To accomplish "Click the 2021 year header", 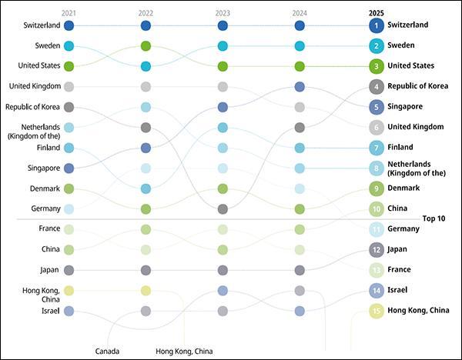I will (x=69, y=13).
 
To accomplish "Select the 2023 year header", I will (x=223, y=13).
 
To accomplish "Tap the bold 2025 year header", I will (x=377, y=13).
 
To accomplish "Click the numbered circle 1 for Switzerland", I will (x=377, y=25).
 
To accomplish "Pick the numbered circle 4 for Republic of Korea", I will (x=377, y=86).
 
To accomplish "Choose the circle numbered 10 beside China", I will (x=377, y=208).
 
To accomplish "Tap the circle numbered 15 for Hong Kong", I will (x=377, y=310).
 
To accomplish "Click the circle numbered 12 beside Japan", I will (x=377, y=249).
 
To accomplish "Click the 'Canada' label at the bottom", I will (x=107, y=352).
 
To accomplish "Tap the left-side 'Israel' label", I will (x=49, y=311).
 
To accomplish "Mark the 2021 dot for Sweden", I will (x=69, y=46).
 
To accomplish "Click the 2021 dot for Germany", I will (x=69, y=208).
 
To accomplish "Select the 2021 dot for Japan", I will (x=69, y=270).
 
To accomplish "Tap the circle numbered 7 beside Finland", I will (x=377, y=147).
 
